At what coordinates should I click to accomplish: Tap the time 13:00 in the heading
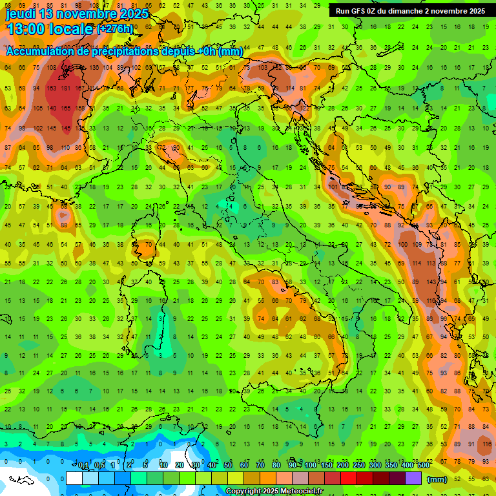pos(26,29)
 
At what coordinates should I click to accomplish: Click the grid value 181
pos(65,88)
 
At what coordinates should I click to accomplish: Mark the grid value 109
pos(417,245)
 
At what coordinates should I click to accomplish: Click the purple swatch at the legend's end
pos(413,479)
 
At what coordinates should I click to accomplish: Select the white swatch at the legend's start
pos(74,479)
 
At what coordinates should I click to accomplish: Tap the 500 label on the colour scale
pos(423,466)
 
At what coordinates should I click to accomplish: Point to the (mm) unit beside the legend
pos(437,479)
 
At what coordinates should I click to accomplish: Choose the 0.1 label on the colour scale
pos(83,466)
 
